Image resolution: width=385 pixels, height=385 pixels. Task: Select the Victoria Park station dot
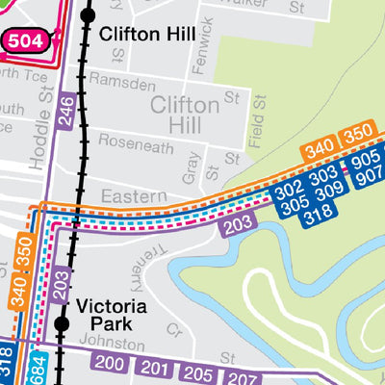tap(63, 323)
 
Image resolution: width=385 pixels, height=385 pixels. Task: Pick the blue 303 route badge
tap(324, 175)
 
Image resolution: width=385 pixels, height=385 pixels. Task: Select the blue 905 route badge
tap(368, 163)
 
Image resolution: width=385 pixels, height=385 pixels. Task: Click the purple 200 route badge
tap(111, 364)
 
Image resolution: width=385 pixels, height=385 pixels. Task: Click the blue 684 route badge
tap(35, 368)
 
